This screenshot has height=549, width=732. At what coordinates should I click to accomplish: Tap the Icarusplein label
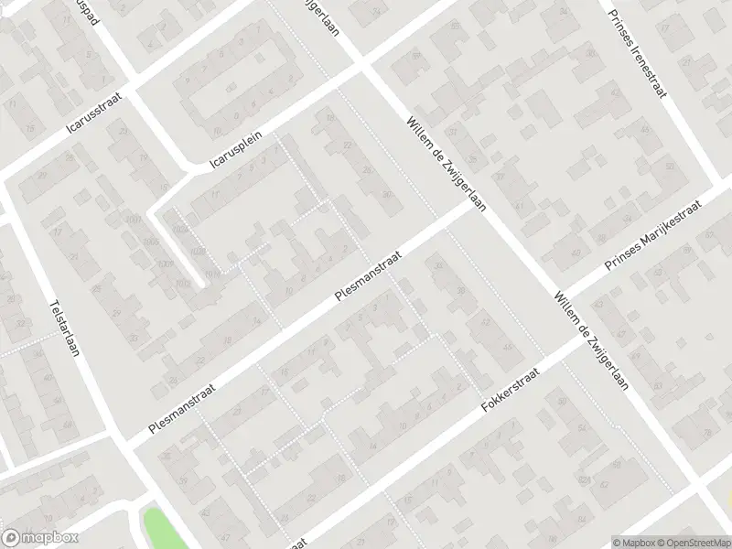coord(236,149)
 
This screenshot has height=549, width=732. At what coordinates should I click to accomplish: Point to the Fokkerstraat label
coord(511,389)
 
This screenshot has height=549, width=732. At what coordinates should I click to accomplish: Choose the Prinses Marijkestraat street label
coord(651,237)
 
